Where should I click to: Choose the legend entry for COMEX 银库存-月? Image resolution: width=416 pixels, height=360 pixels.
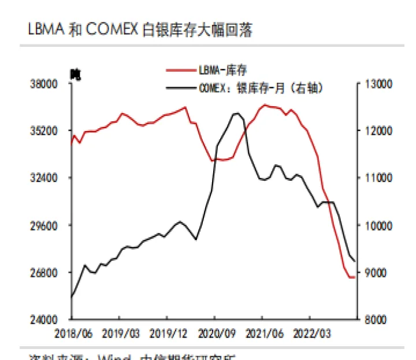pyautogui.click(x=260, y=88)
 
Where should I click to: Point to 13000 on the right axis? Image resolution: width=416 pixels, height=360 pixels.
pyautogui.click(x=378, y=84)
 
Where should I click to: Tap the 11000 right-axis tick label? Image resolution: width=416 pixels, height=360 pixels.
pyautogui.click(x=378, y=178)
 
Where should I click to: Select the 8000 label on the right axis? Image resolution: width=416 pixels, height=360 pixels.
pyautogui.click(x=376, y=320)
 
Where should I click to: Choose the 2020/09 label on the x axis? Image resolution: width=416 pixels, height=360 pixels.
pyautogui.click(x=214, y=333)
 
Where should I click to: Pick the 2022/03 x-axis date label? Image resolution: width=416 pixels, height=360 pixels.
pyautogui.click(x=309, y=333)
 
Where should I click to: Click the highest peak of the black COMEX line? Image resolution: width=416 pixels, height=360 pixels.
pyautogui.click(x=237, y=113)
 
